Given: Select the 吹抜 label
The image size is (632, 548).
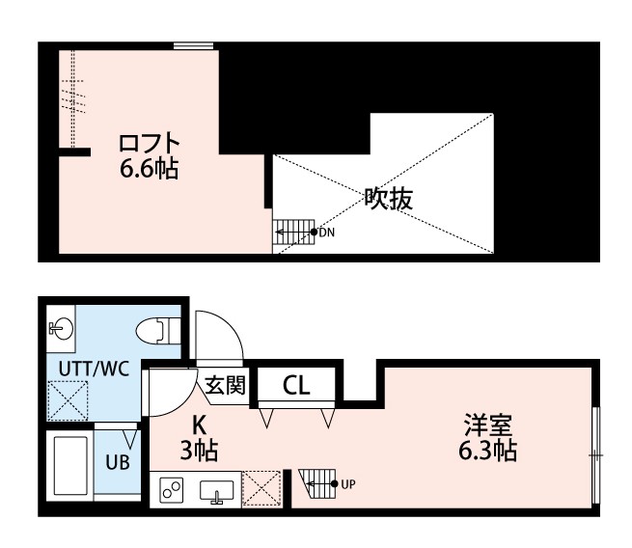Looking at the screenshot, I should point(388,199).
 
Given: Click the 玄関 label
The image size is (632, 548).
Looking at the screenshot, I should point(225,384).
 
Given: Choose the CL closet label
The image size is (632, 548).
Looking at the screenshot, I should point(296,385).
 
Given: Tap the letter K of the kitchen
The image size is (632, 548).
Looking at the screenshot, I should point(199,424).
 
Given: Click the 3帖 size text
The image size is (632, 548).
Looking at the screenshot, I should point(199,449).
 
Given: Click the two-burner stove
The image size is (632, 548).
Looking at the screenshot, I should point(173,489).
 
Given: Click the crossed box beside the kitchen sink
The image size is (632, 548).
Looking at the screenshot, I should point(261,488).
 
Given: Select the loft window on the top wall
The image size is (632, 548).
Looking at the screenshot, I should point(194,45).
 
